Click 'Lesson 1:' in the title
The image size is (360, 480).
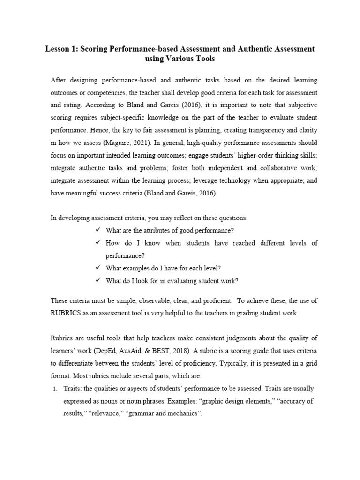(x=61, y=49)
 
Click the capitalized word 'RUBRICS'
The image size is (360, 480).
(x=67, y=313)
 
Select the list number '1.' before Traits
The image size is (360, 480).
(x=54, y=389)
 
